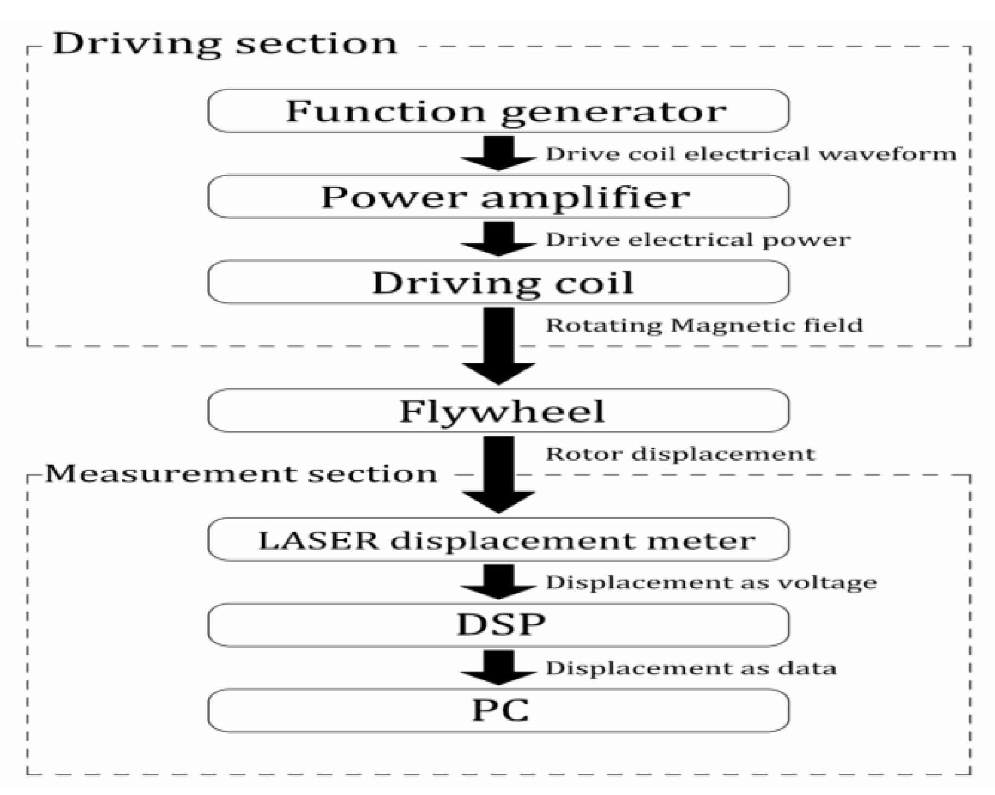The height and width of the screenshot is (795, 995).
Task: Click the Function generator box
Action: point(498,111)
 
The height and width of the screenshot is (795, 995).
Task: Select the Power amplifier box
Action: point(498,197)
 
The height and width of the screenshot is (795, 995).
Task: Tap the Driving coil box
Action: point(498,282)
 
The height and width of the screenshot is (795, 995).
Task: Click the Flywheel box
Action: point(498,411)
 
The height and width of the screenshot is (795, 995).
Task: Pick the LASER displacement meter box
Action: point(498,539)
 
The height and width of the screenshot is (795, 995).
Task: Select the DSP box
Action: point(498,625)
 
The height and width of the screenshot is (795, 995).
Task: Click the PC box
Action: point(498,710)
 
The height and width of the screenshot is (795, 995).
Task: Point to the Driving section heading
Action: point(225,44)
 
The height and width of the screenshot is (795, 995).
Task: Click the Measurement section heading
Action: point(241,474)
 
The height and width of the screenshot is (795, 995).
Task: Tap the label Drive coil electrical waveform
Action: point(750,154)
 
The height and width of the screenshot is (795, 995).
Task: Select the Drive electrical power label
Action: point(697,240)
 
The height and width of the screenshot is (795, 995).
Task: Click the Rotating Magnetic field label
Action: point(704,325)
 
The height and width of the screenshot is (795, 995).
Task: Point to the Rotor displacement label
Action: point(680,454)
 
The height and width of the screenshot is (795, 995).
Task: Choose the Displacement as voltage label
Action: point(711,582)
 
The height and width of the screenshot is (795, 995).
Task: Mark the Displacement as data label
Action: point(690,668)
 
